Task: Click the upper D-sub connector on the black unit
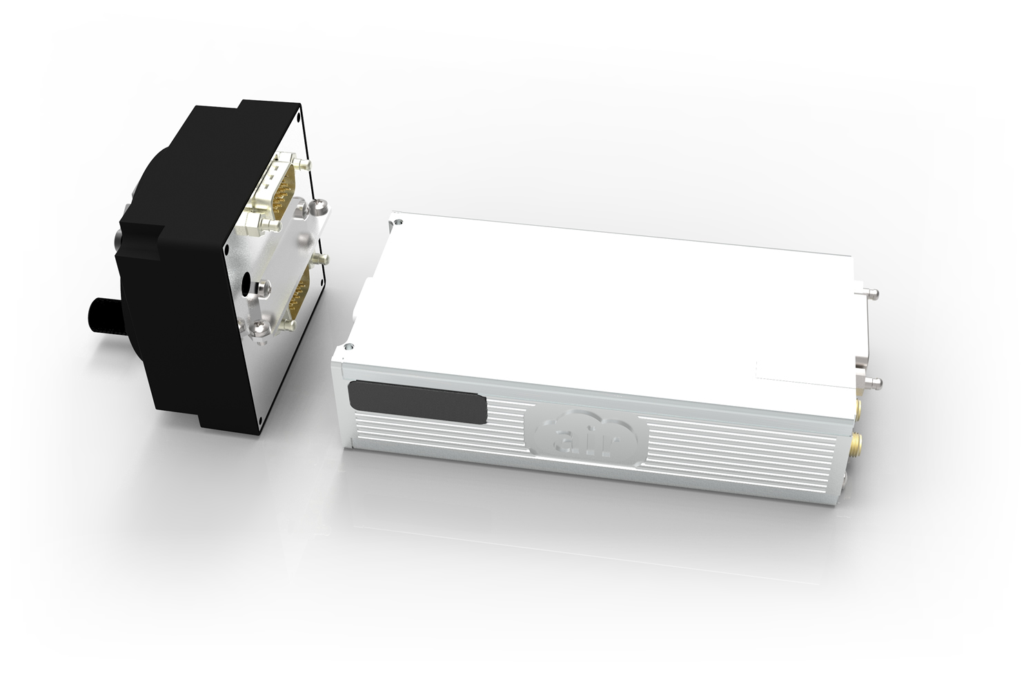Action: pos(278,191)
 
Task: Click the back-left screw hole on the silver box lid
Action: pos(398,222)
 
